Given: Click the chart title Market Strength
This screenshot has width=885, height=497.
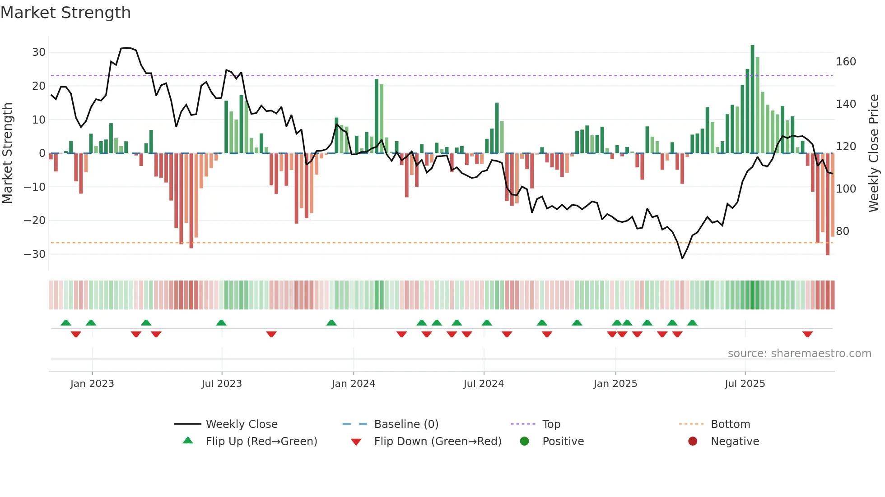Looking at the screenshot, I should [x=65, y=13].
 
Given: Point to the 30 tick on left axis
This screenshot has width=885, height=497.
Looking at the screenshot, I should [x=38, y=52].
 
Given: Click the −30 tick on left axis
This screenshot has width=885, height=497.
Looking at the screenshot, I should [x=35, y=254].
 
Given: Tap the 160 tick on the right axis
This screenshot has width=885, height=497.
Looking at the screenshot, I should [x=846, y=62].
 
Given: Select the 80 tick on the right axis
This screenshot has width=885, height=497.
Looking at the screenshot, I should [x=843, y=231].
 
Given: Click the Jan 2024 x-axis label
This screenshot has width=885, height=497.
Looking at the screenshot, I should [x=353, y=384].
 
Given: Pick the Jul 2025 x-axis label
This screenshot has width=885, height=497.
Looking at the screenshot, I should [x=745, y=384].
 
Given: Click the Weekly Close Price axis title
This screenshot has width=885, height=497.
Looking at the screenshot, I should [x=874, y=153].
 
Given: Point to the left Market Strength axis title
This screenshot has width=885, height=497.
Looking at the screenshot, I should [x=8, y=153].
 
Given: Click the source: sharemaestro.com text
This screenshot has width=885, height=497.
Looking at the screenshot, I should [x=799, y=354].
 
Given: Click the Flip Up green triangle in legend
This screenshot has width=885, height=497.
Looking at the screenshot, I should [x=188, y=441].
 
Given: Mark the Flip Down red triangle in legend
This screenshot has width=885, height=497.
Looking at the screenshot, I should [x=356, y=442].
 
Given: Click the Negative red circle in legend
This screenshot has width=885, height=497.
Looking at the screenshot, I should [x=692, y=442].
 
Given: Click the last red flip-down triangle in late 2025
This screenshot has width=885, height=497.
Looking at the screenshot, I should [x=807, y=334].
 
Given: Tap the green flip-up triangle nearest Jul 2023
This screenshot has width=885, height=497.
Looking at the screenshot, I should [x=221, y=322].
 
